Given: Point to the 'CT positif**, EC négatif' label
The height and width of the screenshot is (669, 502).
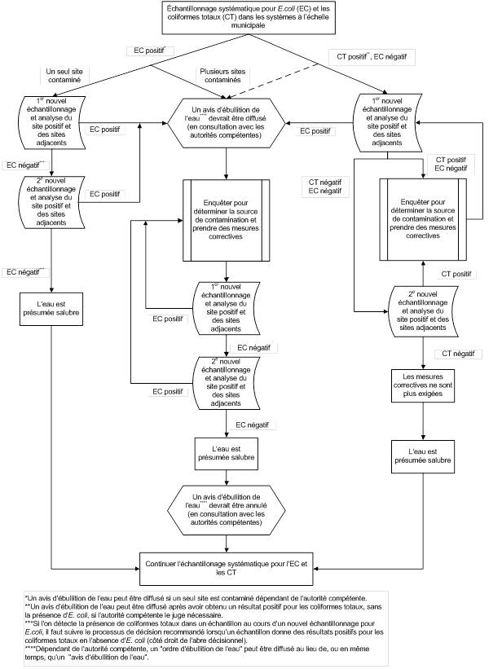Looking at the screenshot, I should point(372,58).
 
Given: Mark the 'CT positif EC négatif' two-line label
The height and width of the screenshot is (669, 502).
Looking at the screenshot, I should point(451,163).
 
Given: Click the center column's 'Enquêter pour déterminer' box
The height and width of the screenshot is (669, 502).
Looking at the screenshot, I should point(225,221).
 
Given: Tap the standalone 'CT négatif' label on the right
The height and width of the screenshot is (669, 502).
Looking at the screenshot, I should point(457,353).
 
